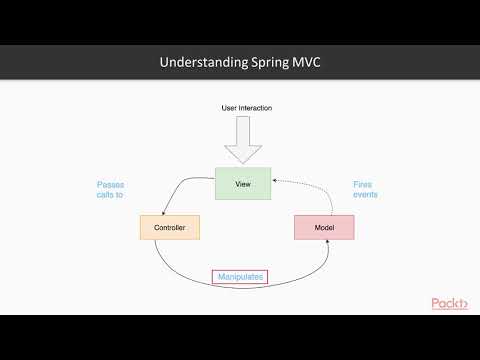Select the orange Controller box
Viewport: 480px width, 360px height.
pyautogui.click(x=169, y=229)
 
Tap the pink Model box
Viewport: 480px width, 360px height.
pyautogui.click(x=324, y=229)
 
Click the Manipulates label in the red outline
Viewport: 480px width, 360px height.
pyautogui.click(x=240, y=277)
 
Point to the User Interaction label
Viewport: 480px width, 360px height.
pyautogui.click(x=246, y=107)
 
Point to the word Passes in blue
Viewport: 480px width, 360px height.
pyautogui.click(x=111, y=184)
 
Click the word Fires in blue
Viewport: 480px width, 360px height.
pyautogui.click(x=363, y=184)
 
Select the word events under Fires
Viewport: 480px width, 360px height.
pyautogui.click(x=365, y=196)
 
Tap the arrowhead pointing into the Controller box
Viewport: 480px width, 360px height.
pyautogui.click(x=164, y=212)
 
